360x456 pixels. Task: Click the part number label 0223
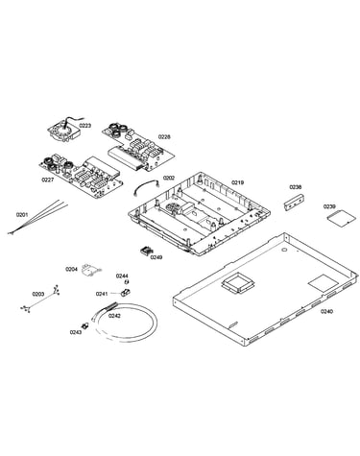pos(85,126)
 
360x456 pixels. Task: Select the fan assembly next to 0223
pos(64,131)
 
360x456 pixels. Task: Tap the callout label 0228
pos(164,136)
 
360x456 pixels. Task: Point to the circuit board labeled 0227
pos(81,176)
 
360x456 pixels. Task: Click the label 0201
pos(22,215)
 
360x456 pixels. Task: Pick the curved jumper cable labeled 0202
pos(146,187)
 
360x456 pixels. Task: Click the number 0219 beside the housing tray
pos(238,182)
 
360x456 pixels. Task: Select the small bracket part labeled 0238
pos(294,202)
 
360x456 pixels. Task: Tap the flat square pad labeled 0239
pos(341,218)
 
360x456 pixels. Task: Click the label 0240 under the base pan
pos(326,311)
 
